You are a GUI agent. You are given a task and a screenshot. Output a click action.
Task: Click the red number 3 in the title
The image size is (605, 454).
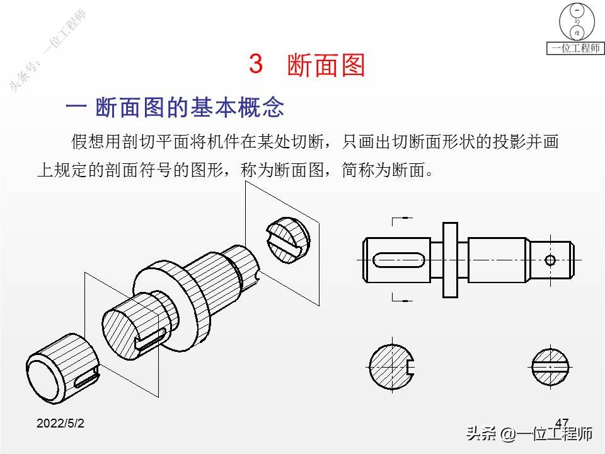tap(256, 63)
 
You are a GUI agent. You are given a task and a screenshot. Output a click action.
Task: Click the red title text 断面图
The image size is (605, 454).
tap(326, 64)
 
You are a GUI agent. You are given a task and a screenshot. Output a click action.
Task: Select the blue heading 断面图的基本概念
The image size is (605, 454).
tap(190, 107)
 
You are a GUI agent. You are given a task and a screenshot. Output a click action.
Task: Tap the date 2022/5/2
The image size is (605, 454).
tap(60, 423)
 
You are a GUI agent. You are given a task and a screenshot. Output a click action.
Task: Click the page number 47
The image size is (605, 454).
tap(562, 422)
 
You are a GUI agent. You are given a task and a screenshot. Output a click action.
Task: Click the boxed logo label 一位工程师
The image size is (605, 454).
tap(575, 49)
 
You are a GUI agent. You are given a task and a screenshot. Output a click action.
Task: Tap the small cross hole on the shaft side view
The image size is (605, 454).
tap(550, 260)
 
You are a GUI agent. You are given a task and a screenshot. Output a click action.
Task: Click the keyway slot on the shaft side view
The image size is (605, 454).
tap(399, 260)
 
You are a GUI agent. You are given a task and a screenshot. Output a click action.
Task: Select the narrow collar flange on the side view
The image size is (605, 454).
tap(450, 260)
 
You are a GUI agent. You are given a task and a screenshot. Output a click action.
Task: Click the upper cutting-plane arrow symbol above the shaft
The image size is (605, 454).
tap(401, 221)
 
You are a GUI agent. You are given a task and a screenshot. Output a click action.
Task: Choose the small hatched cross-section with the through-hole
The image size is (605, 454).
tap(550, 367)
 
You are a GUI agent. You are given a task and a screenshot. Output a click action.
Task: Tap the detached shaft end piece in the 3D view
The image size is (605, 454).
tap(62, 369)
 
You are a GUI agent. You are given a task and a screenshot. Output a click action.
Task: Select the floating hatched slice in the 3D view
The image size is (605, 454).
tap(288, 240)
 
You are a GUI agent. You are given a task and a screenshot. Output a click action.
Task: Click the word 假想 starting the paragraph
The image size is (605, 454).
tap(88, 141)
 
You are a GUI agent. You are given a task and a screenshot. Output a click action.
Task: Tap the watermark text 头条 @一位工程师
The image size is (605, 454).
tap(529, 434)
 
